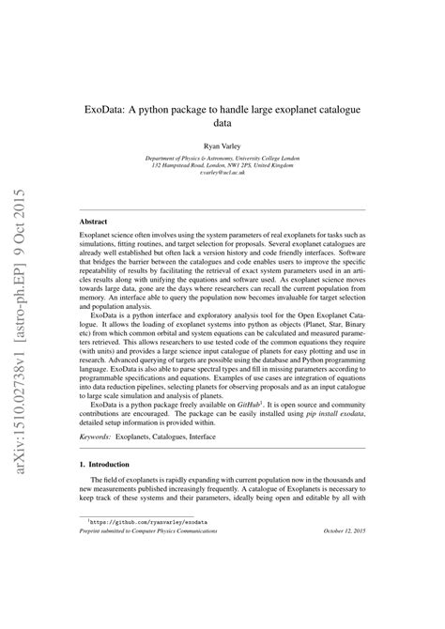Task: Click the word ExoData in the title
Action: point(109,110)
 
